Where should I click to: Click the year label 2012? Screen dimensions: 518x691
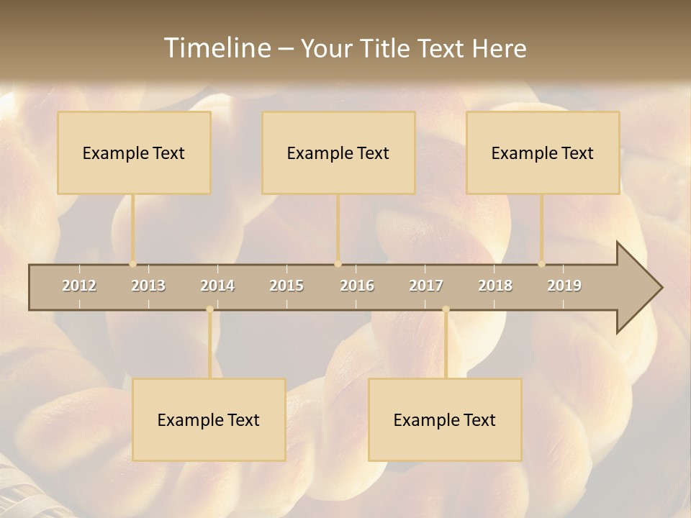click(79, 286)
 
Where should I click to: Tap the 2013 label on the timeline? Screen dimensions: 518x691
click(148, 286)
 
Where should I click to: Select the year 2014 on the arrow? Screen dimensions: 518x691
click(217, 286)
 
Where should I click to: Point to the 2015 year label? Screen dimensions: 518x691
click(286, 286)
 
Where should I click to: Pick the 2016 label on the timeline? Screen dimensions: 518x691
click(357, 286)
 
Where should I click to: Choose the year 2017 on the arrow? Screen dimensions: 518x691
click(426, 286)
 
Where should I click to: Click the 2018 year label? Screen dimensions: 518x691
click(495, 286)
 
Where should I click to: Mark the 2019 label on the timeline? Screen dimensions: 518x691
click(564, 286)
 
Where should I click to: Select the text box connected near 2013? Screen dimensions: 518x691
click(134, 153)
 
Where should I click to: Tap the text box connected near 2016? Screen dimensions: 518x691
click(338, 153)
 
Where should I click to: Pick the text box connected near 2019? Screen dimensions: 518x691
click(543, 153)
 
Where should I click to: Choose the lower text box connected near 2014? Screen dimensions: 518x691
click(209, 419)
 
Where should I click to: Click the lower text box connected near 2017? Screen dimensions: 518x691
click(445, 419)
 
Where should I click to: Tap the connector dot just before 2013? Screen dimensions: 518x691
click(132, 264)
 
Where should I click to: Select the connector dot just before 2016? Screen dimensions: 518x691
click(338, 264)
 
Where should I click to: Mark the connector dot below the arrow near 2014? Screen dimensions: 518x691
click(209, 309)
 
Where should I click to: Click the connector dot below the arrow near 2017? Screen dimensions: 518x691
click(446, 309)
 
